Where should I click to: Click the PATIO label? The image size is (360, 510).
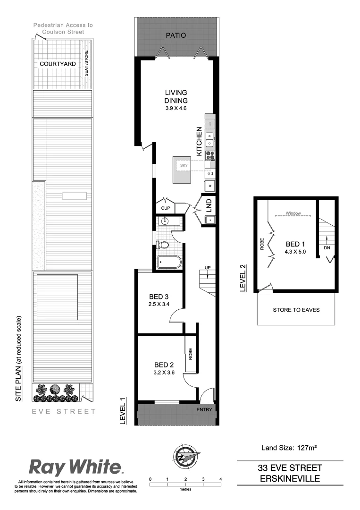(176, 35)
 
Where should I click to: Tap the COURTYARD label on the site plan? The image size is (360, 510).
(55, 63)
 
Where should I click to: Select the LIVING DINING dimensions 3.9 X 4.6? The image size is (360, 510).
(176, 109)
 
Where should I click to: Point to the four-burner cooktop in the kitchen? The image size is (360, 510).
(210, 155)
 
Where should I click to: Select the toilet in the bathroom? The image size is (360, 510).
(164, 245)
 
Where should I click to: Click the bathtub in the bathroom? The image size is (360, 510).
(169, 262)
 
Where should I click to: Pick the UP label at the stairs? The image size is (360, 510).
(207, 269)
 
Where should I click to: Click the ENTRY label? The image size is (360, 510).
(204, 409)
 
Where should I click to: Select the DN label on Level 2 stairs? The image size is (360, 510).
(327, 247)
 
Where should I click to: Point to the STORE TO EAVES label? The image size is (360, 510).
(296, 310)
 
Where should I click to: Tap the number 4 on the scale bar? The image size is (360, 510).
(220, 479)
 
